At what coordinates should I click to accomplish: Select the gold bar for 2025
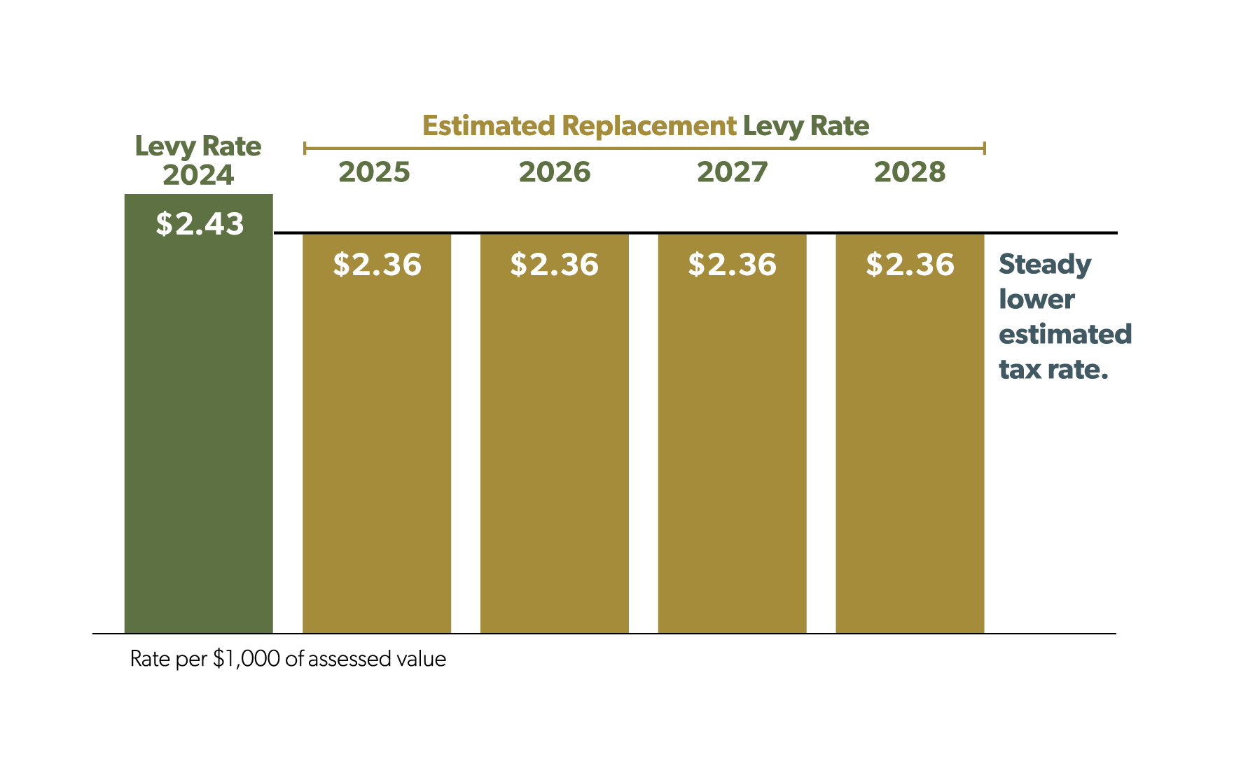[x=377, y=448]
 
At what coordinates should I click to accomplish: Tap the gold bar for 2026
[x=554, y=448]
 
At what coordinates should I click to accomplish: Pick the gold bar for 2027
[x=732, y=448]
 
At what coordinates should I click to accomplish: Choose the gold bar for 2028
[x=910, y=448]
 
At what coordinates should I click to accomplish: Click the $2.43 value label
[x=200, y=224]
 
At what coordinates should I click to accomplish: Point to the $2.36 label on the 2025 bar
[x=377, y=265]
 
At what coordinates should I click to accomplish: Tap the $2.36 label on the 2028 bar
[x=910, y=265]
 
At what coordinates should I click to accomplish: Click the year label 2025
[x=374, y=172]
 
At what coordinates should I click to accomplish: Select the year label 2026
[x=554, y=172]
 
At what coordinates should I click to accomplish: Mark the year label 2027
[x=732, y=172]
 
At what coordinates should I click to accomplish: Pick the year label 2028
[x=910, y=172]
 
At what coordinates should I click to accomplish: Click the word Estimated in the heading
[x=488, y=126]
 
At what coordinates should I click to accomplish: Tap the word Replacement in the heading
[x=649, y=127]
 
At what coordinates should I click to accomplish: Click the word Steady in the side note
[x=1044, y=265]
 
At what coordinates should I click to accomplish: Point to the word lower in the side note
[x=1036, y=300]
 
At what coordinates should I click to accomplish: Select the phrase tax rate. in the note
[x=1053, y=370]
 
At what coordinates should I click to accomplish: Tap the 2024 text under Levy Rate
[x=198, y=175]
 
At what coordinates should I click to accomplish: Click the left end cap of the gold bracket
[x=305, y=148]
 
